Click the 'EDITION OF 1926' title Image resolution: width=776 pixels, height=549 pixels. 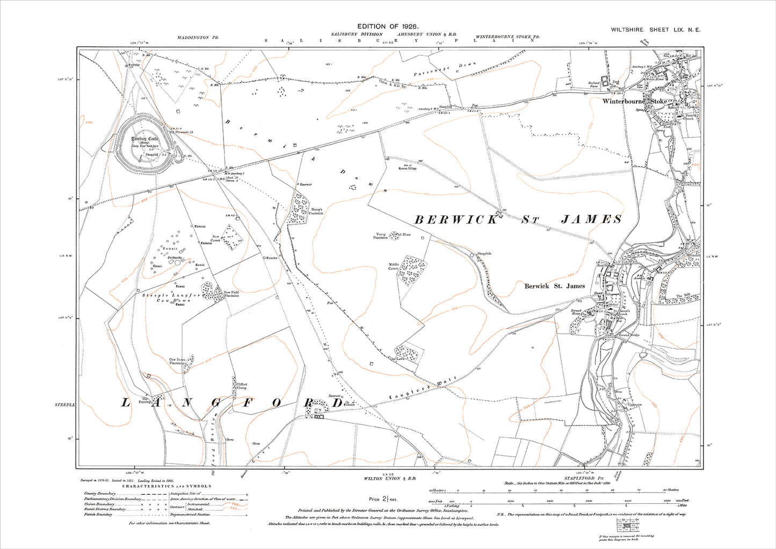point(388,26)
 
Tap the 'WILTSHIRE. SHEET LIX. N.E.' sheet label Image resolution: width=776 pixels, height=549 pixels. point(656,31)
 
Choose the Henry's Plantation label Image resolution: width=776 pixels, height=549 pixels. point(316,212)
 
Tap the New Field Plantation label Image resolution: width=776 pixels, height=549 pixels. point(232,294)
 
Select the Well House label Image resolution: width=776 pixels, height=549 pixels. point(404,234)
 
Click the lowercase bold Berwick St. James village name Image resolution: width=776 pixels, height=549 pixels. point(555,286)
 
